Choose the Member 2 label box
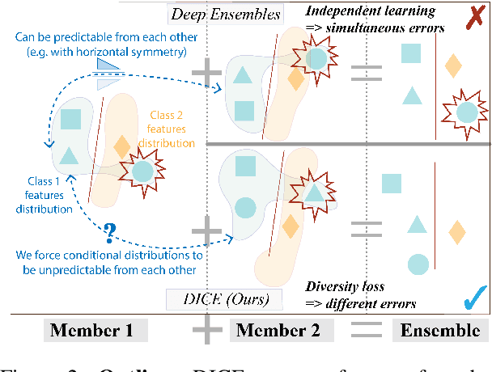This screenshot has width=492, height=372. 275,330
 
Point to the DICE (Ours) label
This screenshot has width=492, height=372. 226,300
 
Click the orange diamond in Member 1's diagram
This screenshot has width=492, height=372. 121,147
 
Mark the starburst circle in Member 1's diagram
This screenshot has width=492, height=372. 142,171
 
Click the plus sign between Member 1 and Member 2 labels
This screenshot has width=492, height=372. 207,330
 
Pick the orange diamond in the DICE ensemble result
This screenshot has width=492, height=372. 457,232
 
